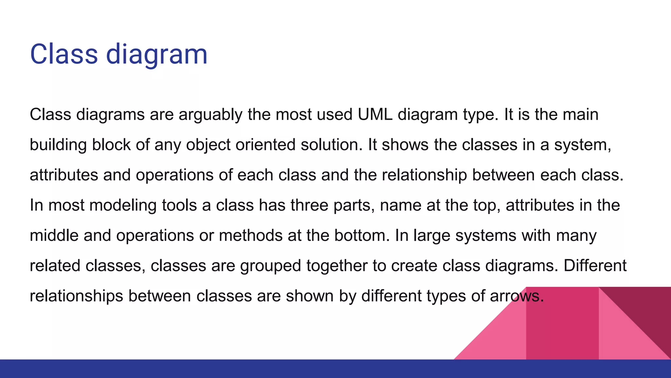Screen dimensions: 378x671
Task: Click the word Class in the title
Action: [x=64, y=54]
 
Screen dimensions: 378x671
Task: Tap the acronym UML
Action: [x=375, y=115]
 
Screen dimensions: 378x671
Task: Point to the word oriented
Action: [x=265, y=145]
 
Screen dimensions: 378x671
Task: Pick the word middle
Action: [x=54, y=236]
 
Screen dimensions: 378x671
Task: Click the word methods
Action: [x=251, y=236]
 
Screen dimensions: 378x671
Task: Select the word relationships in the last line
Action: [x=76, y=296]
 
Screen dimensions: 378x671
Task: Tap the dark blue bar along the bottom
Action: [x=229, y=369]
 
